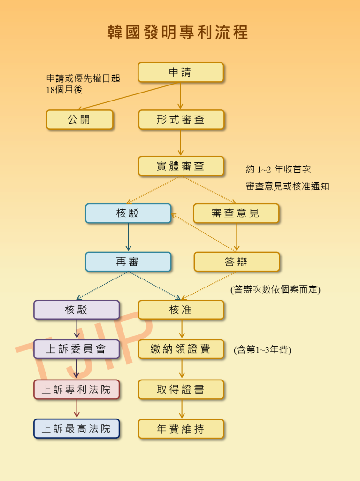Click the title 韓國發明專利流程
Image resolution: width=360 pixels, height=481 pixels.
click(177, 32)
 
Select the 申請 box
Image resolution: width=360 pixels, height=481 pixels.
click(181, 72)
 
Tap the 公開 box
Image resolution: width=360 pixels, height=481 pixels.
click(79, 119)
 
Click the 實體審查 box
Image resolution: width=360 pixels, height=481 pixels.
click(181, 166)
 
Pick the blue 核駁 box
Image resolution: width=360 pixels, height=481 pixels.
click(128, 213)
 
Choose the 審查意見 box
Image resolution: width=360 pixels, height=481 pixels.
click(236, 213)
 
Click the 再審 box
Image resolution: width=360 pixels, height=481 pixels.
click(128, 262)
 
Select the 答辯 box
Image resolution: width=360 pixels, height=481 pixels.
click(237, 262)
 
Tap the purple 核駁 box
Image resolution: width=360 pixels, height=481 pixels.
click(77, 310)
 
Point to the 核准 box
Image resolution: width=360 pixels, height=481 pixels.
click(181, 310)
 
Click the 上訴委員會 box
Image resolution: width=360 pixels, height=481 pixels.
click(77, 349)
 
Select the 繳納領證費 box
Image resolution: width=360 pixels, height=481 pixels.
click(181, 349)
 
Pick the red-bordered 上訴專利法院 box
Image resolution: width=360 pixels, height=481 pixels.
click(77, 389)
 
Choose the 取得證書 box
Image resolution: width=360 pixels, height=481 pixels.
click(181, 389)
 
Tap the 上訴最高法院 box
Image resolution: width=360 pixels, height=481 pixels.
click(77, 428)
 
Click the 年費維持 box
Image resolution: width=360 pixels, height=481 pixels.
click(181, 428)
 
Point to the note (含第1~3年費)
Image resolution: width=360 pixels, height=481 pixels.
click(262, 349)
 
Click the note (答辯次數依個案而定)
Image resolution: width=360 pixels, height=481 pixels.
click(276, 289)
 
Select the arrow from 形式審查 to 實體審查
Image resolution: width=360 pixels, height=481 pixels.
click(181, 143)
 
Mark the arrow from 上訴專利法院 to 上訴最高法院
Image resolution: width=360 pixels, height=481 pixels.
click(77, 409)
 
